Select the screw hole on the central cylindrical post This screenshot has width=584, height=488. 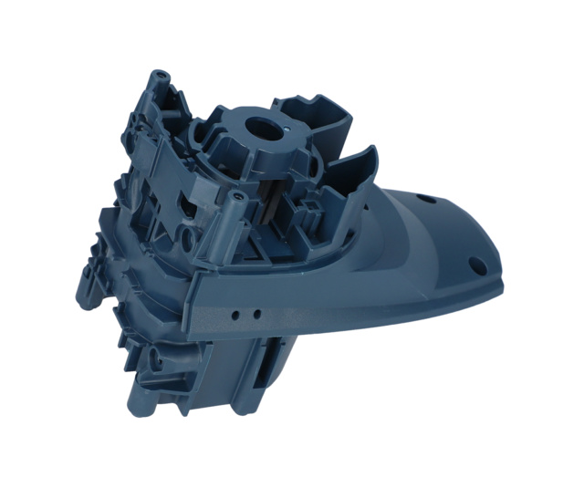[x=235, y=195]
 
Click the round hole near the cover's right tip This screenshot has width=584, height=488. [x=475, y=265]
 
